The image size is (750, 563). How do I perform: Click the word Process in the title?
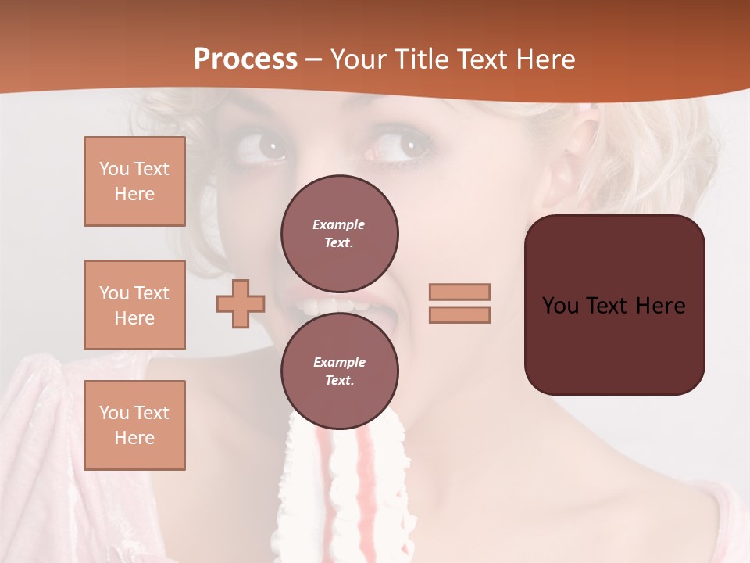tap(245, 59)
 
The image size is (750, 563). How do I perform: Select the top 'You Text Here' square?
tap(134, 181)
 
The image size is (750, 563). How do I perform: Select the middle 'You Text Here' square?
tap(134, 305)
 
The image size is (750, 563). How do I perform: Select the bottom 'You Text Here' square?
tap(134, 425)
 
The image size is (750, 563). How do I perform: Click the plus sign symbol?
tap(241, 303)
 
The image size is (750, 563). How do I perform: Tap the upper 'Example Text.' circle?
tap(339, 234)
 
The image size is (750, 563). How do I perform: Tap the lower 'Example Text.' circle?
tap(339, 371)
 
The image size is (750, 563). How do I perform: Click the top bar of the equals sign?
tap(459, 292)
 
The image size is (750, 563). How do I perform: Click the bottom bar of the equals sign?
tap(459, 314)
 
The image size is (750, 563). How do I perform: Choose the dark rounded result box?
tap(614, 305)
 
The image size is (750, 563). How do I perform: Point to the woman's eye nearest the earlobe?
tap(405, 145)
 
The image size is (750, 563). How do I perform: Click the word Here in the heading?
tap(547, 59)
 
